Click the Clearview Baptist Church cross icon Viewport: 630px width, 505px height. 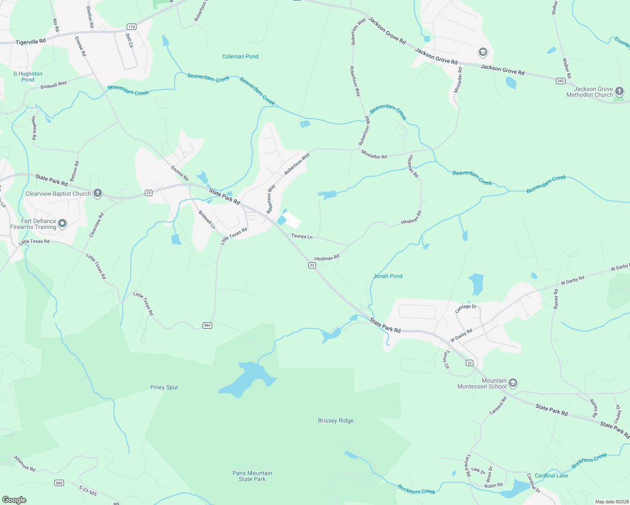click(x=98, y=193)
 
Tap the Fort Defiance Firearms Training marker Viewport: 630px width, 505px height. click(x=62, y=223)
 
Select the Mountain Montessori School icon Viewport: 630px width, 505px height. click(x=513, y=383)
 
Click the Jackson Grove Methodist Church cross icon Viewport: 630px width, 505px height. click(x=619, y=91)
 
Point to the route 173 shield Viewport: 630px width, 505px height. click(x=132, y=27)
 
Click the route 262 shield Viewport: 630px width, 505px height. click(x=561, y=81)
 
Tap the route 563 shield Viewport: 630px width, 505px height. click(x=207, y=325)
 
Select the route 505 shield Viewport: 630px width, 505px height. click(x=59, y=483)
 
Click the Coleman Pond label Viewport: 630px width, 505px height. click(x=240, y=56)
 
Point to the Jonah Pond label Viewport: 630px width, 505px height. click(x=388, y=276)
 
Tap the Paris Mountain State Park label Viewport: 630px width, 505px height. click(x=252, y=476)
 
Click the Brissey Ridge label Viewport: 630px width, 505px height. click(x=336, y=420)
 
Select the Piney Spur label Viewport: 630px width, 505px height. click(x=164, y=387)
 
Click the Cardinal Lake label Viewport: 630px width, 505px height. click(x=551, y=476)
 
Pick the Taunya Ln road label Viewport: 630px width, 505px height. click(x=302, y=236)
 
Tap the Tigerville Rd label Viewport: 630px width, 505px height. click(x=31, y=42)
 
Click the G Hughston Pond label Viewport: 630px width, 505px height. click(x=28, y=77)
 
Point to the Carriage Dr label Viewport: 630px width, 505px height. click(x=466, y=308)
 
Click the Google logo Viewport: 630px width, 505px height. click(x=14, y=500)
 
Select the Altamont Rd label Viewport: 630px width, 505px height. click(x=24, y=463)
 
